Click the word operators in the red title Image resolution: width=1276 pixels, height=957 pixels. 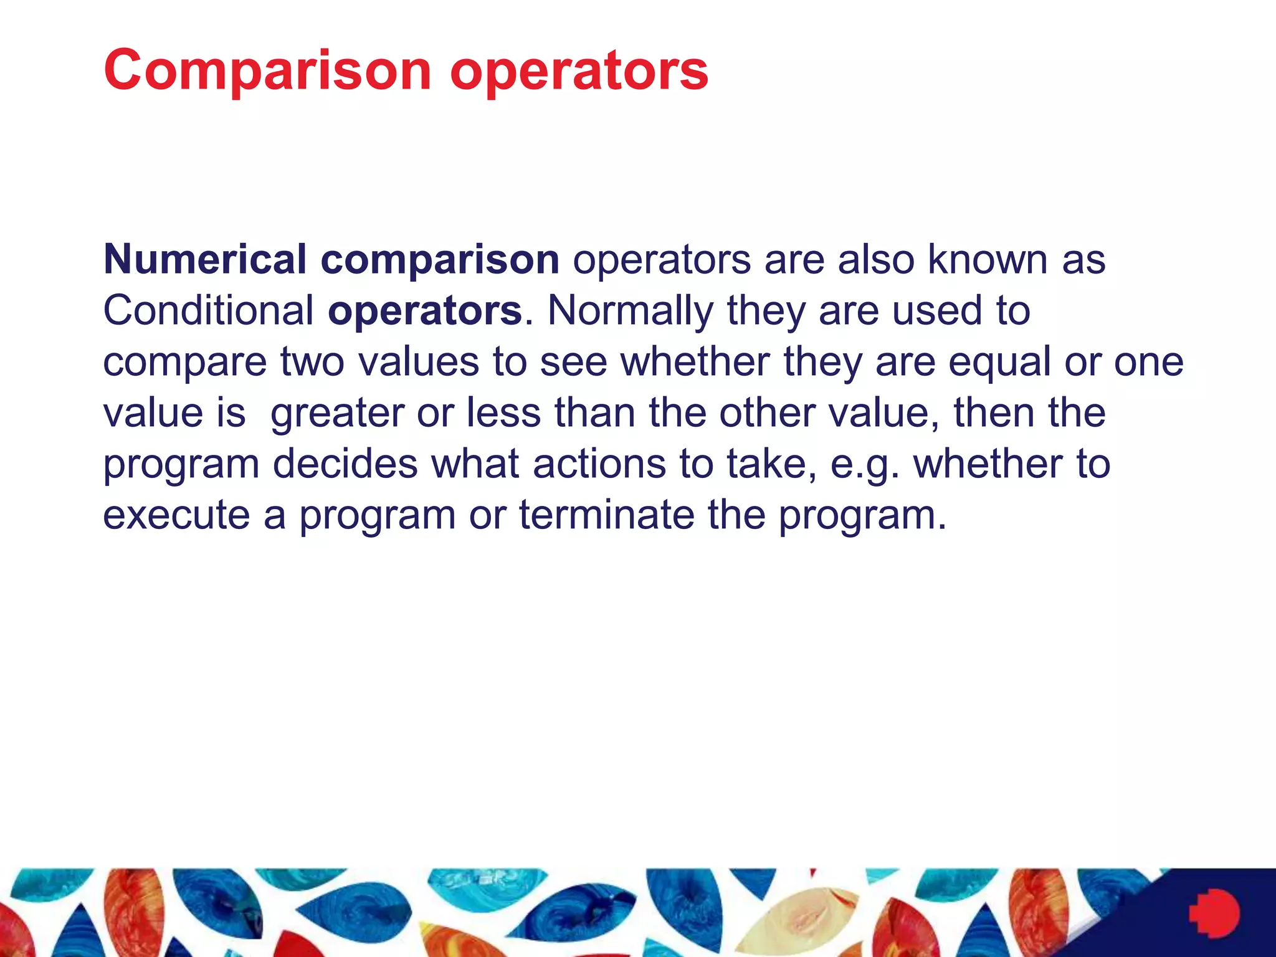579,70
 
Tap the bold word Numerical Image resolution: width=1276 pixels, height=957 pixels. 204,259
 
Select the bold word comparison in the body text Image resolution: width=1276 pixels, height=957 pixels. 440,259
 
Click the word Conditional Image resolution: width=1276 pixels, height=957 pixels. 208,310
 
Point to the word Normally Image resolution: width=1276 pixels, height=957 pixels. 630,310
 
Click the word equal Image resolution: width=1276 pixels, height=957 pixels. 999,361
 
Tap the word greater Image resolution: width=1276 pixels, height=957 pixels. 337,414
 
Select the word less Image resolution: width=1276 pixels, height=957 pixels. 503,412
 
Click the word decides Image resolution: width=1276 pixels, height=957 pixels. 345,464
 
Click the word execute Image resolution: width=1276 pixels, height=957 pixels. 176,515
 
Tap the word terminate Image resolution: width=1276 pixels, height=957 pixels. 606,515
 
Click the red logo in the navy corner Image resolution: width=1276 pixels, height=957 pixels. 1214,913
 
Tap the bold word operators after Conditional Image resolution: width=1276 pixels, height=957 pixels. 425,312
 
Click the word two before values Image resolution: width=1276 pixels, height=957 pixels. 312,361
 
